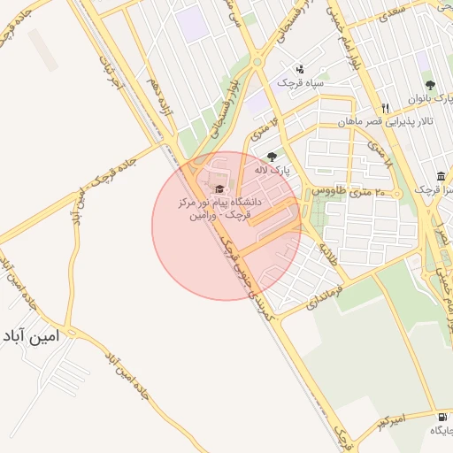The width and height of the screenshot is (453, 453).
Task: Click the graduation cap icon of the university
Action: [219, 188]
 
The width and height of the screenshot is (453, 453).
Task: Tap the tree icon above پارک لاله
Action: [272, 157]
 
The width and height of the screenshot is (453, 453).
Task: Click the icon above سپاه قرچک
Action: [300, 69]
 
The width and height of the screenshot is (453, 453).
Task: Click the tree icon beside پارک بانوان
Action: [430, 85]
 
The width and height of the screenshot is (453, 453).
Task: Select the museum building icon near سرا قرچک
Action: [441, 173]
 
